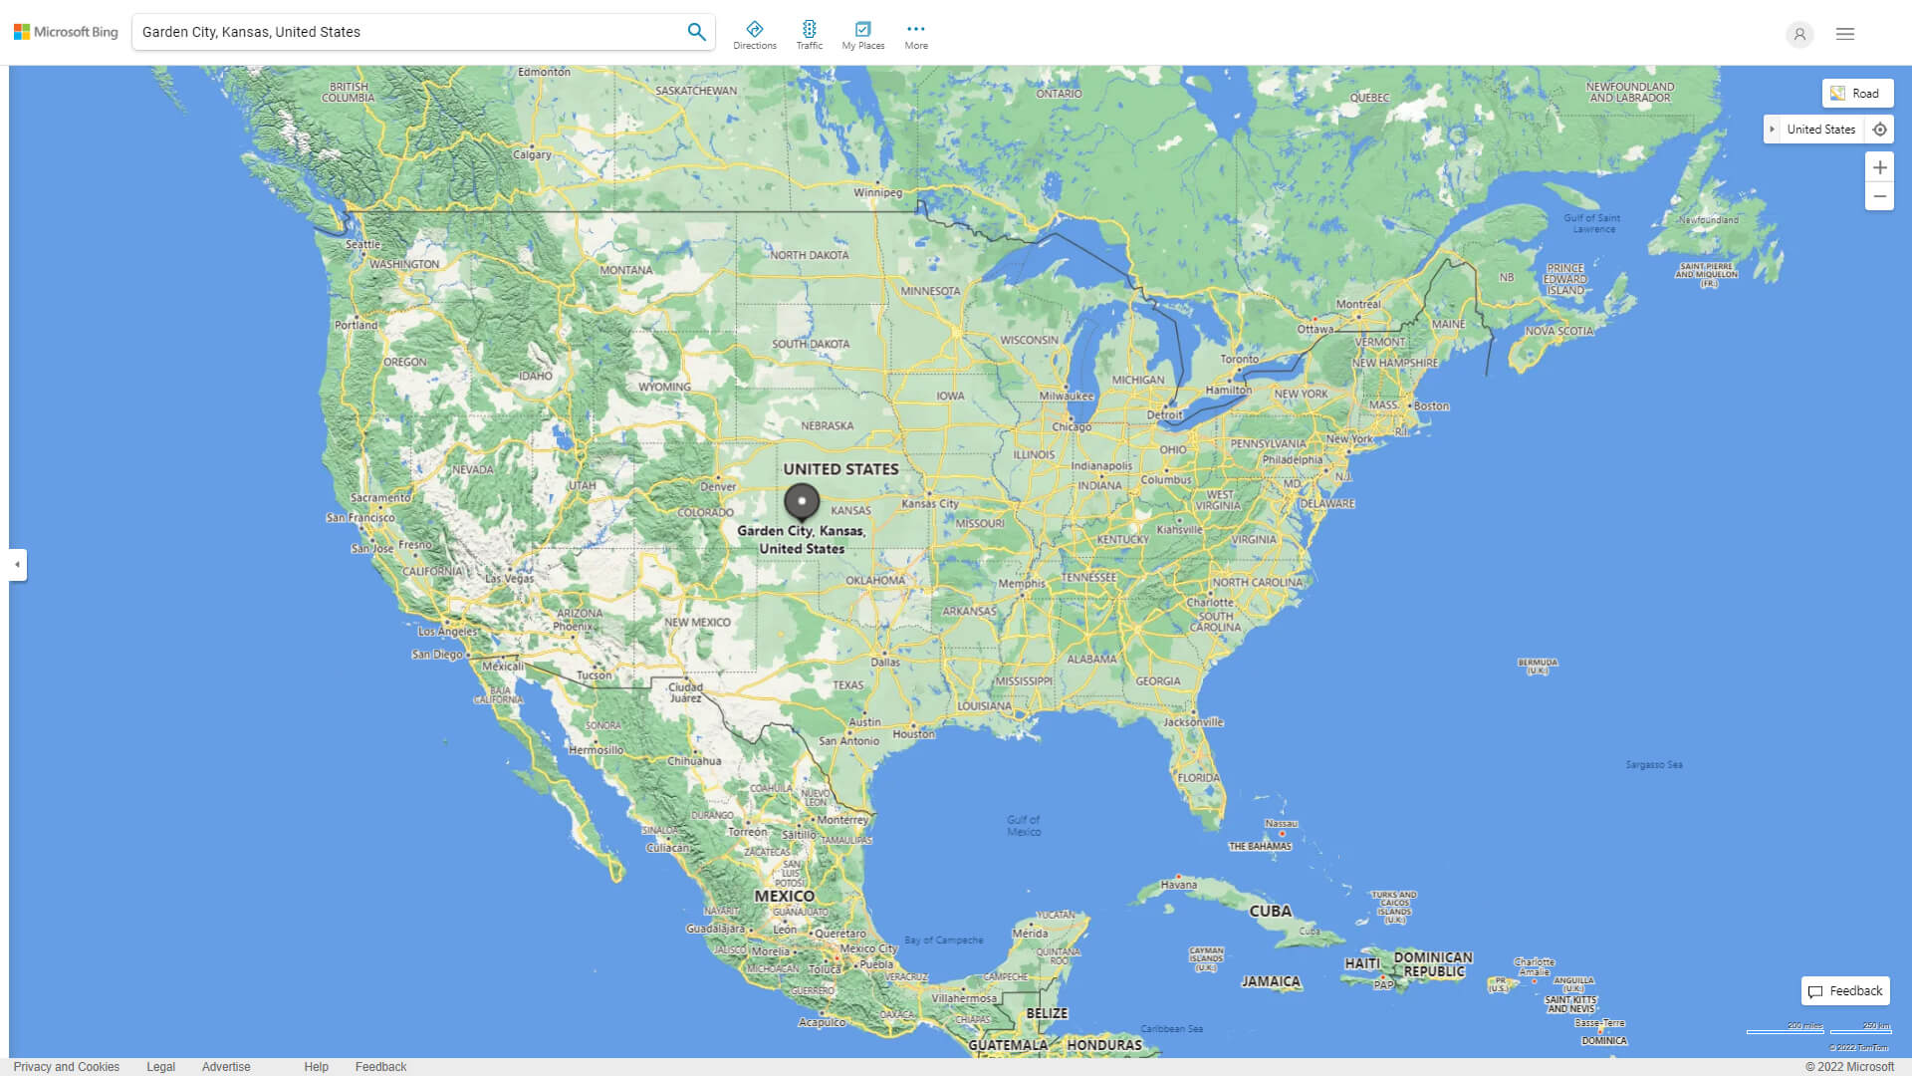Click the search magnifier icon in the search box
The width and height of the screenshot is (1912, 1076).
[696, 32]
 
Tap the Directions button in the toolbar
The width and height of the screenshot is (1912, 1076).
[755, 34]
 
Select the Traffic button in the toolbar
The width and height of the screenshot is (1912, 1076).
[810, 34]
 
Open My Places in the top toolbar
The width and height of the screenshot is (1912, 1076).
[862, 34]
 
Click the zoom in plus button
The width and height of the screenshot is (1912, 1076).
[1879, 167]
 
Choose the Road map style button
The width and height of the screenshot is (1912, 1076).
[1857, 94]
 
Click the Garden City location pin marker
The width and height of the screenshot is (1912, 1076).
[802, 501]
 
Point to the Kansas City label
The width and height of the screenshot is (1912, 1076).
[930, 503]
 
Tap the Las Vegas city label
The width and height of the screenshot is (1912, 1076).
[509, 578]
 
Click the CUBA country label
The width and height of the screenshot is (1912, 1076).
[1270, 911]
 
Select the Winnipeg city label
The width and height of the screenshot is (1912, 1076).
[877, 192]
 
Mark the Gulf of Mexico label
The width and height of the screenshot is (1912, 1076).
[1023, 826]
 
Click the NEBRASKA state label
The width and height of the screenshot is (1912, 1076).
[827, 425]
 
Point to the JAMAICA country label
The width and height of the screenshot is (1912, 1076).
[1271, 981]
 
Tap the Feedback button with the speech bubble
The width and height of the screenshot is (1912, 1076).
[1845, 991]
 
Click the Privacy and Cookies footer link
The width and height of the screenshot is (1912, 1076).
[67, 1066]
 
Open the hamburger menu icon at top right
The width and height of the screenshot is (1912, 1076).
[1845, 34]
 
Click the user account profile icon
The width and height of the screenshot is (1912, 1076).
[1799, 34]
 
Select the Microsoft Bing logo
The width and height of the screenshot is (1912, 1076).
[66, 32]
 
